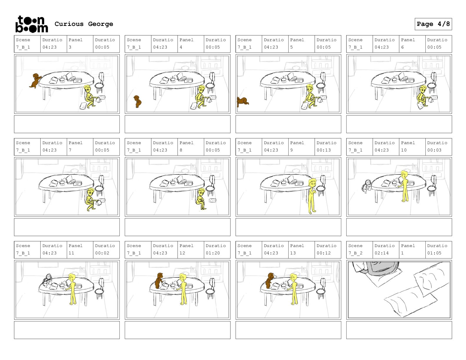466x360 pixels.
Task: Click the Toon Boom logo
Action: pos(32,24)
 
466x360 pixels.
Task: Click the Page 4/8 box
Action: pos(433,24)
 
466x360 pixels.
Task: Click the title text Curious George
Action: pos(84,24)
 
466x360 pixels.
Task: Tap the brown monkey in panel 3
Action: pos(35,81)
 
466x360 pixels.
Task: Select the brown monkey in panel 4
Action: pos(137,101)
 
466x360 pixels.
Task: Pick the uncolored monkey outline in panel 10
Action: pos(367,186)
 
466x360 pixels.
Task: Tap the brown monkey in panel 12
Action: pos(159,281)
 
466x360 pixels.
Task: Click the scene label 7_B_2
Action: pos(355,253)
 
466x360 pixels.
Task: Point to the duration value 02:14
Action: pos(382,253)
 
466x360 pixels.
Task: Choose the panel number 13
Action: pos(293,253)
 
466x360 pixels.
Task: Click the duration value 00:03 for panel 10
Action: pos(434,150)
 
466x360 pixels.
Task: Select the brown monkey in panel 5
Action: pos(242,101)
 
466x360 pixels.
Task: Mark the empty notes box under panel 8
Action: pos(178,227)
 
